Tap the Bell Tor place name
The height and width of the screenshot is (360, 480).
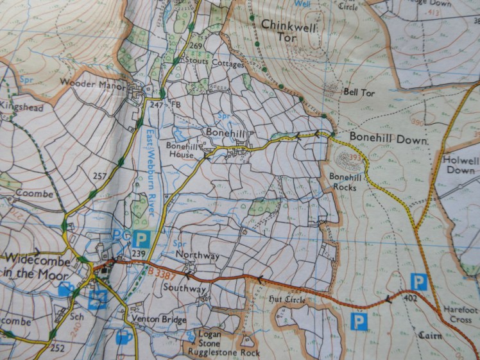pos(358,92)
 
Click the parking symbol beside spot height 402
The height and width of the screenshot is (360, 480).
pos(418,280)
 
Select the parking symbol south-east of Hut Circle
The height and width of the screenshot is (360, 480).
pos(359,321)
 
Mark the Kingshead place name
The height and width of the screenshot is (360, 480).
pos(22,108)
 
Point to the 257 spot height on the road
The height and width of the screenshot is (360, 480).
pos(99,175)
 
